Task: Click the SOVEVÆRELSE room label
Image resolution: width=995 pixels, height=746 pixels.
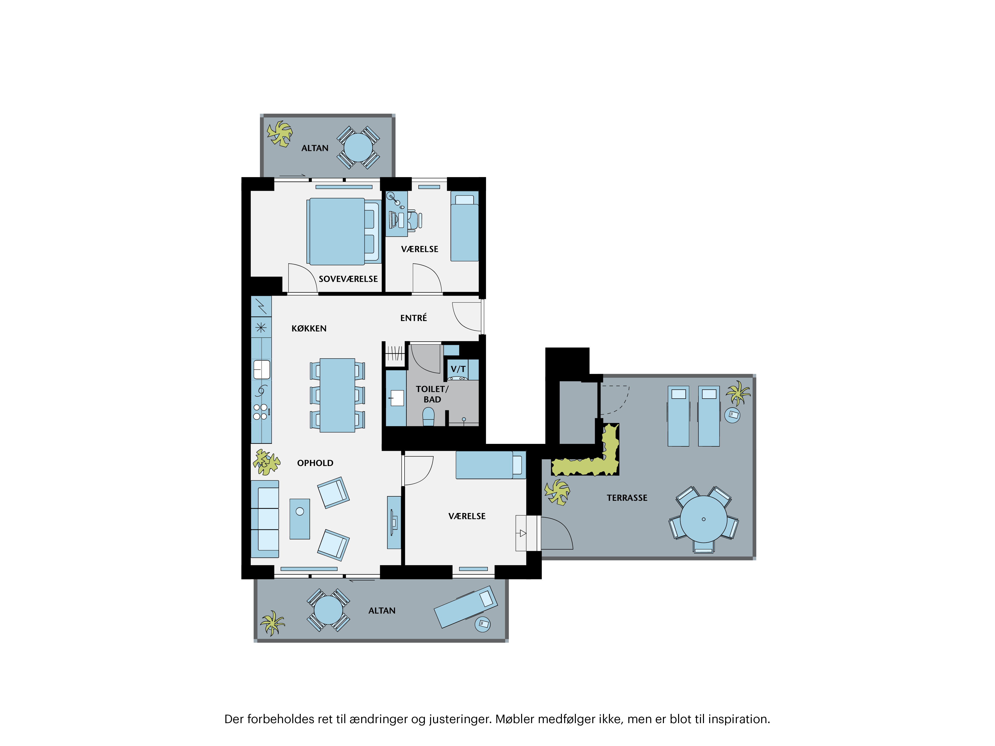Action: coord(348,279)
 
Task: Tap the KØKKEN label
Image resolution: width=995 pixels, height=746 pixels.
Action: coord(309,328)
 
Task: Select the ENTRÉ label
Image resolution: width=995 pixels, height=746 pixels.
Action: coord(413,318)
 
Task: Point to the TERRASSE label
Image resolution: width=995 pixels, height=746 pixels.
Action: coord(627,498)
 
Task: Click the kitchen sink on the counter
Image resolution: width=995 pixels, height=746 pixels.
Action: coord(261,370)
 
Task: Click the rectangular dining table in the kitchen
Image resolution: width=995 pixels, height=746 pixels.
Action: coord(337,395)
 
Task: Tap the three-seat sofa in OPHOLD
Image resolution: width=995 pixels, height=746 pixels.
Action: coord(265,519)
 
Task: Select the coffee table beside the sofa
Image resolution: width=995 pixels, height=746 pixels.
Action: coord(299,519)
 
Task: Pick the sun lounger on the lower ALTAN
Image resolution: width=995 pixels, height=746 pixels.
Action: coord(466,606)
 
